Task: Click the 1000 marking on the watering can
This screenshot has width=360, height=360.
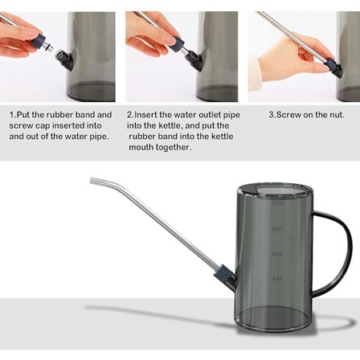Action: [277, 204]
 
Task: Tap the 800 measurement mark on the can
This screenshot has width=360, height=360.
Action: [277, 229]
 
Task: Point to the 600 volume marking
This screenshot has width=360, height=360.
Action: [277, 254]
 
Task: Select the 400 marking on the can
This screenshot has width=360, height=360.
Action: [277, 280]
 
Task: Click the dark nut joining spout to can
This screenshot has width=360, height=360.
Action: [225, 280]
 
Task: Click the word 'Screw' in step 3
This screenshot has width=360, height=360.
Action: [286, 115]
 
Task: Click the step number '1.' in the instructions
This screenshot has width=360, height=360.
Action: [12, 115]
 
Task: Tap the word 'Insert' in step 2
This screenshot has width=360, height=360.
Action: [145, 115]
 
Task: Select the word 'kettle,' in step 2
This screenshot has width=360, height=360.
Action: [173, 126]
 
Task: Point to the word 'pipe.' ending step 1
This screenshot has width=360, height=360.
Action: [99, 137]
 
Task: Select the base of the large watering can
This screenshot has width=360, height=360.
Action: [273, 321]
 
